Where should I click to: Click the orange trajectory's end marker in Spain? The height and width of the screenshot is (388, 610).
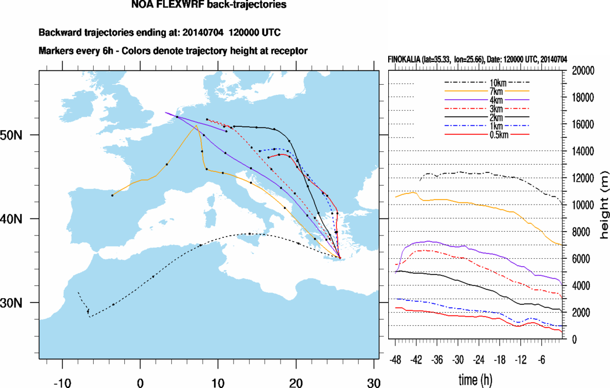[113, 195]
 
